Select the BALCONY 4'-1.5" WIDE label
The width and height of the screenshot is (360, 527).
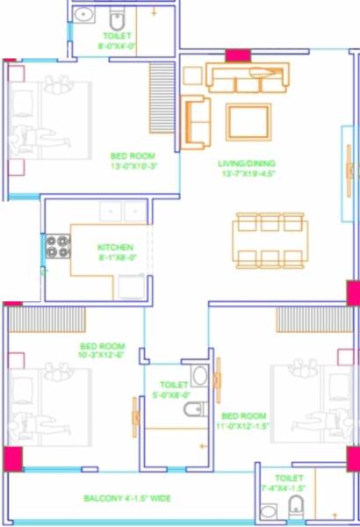[x=128, y=498]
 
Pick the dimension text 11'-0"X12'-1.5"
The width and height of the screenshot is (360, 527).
[x=244, y=425]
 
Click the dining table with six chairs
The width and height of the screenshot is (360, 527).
[x=270, y=238]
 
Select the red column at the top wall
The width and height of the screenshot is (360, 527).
[x=237, y=55]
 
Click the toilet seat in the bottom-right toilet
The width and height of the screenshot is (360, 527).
[x=296, y=505]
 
